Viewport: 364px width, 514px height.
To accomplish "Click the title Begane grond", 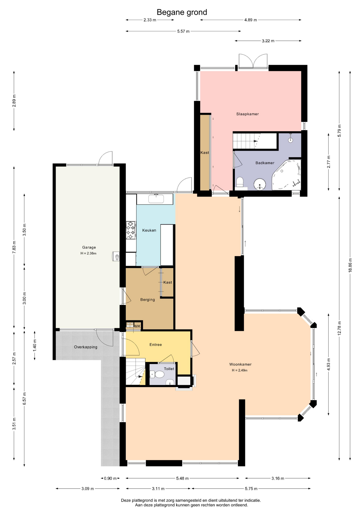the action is (182, 12).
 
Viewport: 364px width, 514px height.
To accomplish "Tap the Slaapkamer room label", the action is (247, 114).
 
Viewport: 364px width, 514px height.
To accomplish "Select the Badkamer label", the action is (265, 163).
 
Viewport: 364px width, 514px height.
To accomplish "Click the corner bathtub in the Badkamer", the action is (287, 175).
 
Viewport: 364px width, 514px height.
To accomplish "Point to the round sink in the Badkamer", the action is (260, 184).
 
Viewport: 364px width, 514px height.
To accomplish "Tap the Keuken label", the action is (149, 230).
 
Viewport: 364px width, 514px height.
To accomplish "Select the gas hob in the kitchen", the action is (131, 230).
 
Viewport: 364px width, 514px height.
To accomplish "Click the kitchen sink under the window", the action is (156, 199).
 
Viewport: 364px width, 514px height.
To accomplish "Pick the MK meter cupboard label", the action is (137, 326).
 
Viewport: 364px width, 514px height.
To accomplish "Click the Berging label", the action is (147, 300).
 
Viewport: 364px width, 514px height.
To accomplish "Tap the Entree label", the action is (155, 345).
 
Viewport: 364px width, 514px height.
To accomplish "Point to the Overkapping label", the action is (86, 347).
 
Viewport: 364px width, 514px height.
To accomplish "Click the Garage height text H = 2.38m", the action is (88, 253).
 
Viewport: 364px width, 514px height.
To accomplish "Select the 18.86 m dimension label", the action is (350, 265).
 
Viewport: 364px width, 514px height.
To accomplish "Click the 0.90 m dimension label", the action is (110, 478).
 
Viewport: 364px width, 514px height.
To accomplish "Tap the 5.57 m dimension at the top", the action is (183, 31).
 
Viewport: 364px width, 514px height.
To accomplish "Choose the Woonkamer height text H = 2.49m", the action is (240, 370).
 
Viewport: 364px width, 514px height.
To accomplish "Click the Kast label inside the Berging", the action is (168, 282).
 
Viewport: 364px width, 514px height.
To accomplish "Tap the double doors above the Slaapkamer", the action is (253, 62).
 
